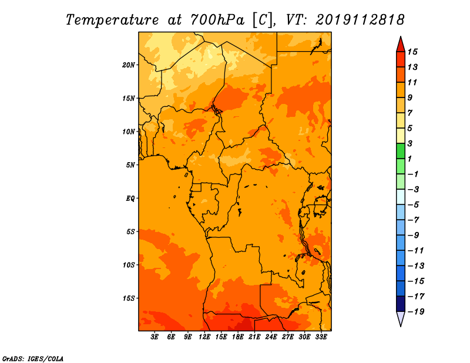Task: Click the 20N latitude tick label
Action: pos(129,65)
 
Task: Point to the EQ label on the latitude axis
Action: pos(130,199)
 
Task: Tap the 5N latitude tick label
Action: pos(130,165)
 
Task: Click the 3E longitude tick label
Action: pos(155,337)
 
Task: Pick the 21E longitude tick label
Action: pos(254,337)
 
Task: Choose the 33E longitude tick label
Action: pos(321,337)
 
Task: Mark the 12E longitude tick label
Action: pos(204,337)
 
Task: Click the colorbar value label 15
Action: pos(412,52)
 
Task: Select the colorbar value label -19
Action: pos(416,312)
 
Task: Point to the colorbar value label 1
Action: pos(409,159)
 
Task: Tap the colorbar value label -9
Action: pos(414,236)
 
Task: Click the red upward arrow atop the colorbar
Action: pos(401,45)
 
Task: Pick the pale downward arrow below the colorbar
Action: pos(401,318)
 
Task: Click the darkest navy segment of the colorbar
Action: pos(401,304)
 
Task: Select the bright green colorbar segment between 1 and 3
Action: pos(401,151)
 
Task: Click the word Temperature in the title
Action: pos(112,21)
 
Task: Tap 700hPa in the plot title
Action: pos(217,20)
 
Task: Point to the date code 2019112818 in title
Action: pos(360,20)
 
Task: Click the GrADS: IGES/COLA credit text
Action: pos(33,358)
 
